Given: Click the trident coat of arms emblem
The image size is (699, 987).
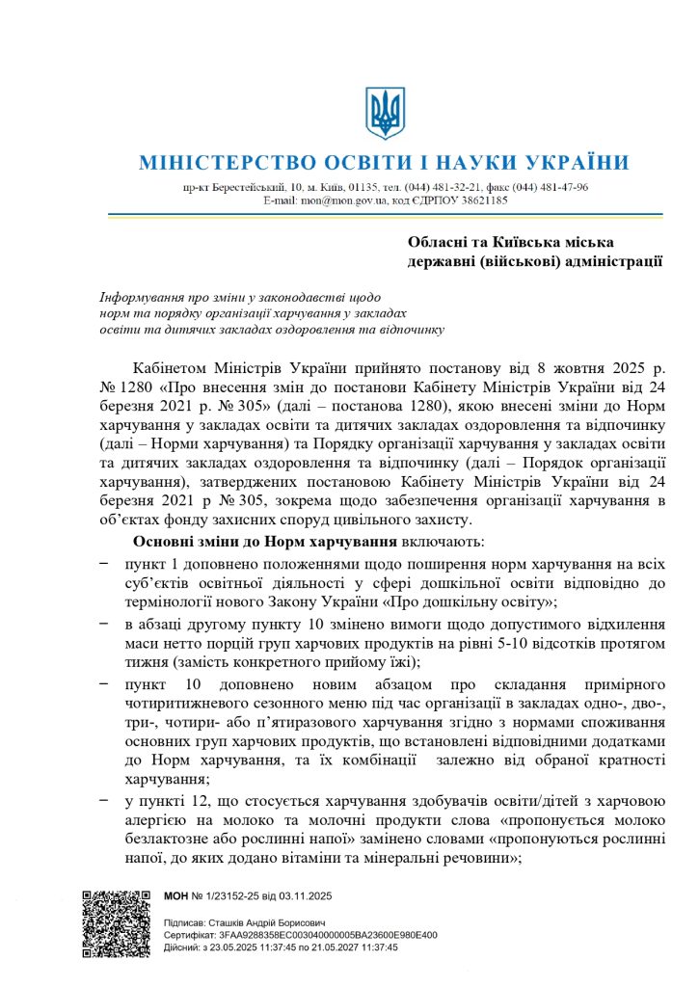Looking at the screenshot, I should (x=385, y=113).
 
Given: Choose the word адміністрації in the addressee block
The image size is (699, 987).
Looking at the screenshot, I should (x=615, y=259).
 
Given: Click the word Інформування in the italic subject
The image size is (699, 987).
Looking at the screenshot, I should (x=145, y=297).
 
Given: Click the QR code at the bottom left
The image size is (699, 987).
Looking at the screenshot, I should (x=115, y=922).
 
